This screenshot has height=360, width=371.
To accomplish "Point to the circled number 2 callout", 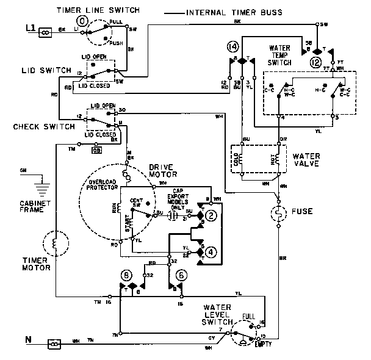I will [211, 215].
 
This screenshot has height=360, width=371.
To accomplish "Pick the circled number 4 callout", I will [211, 251].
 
